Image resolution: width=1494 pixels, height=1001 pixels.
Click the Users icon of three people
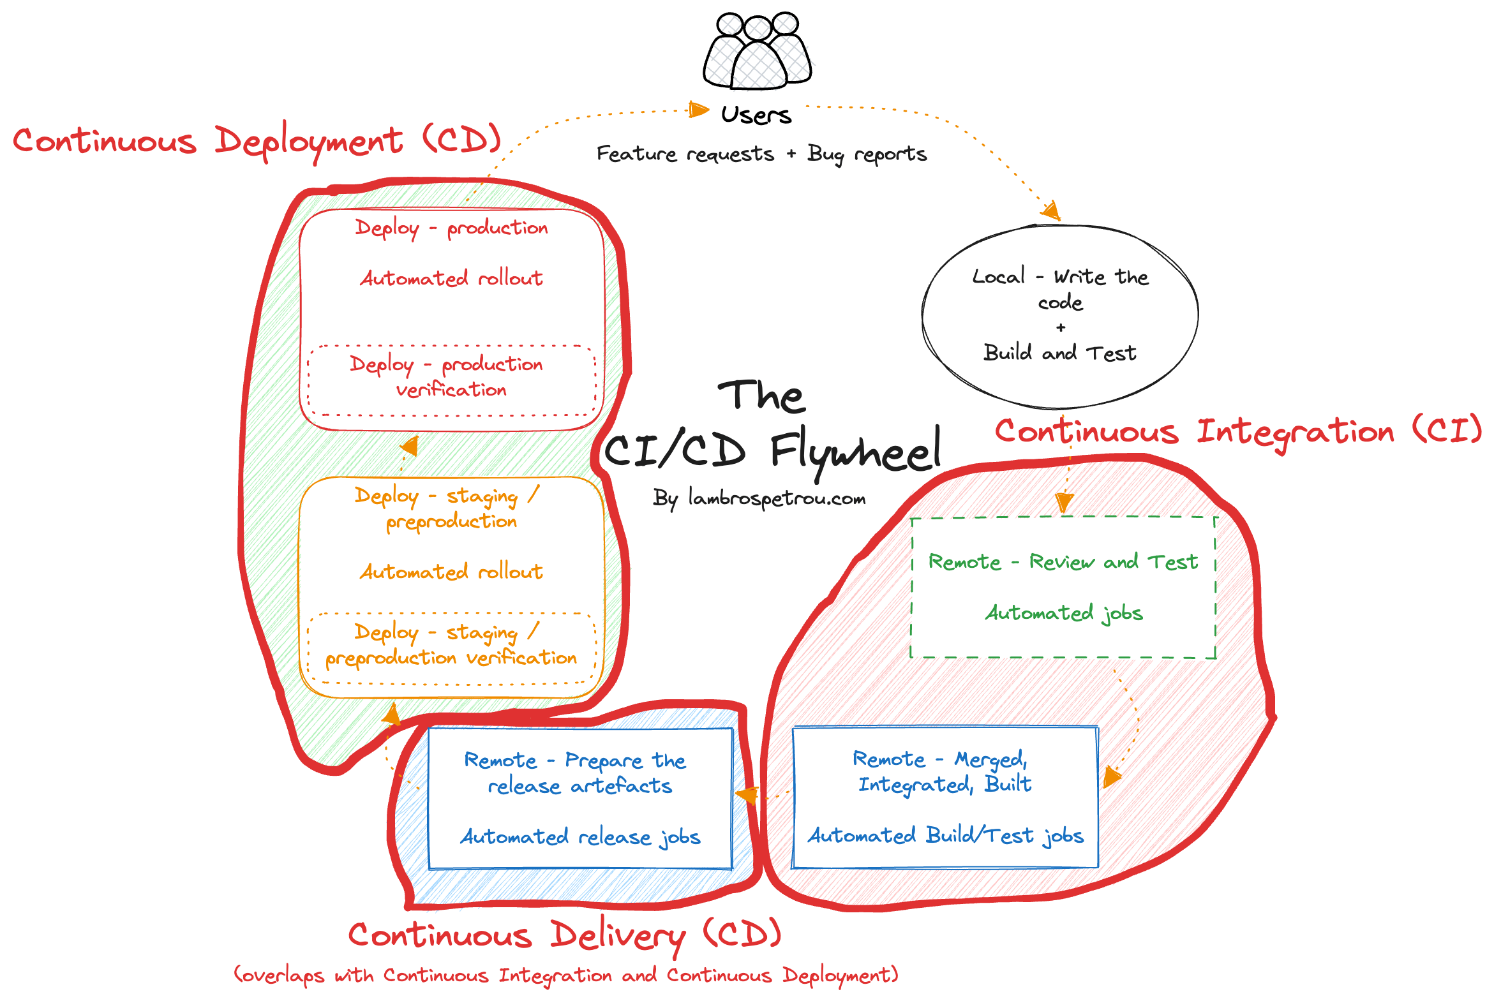[x=758, y=51]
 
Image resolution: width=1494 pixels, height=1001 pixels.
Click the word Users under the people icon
[x=757, y=115]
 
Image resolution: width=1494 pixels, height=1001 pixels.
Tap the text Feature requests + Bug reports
[x=762, y=154]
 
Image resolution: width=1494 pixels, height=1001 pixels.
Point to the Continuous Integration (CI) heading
[x=1238, y=432]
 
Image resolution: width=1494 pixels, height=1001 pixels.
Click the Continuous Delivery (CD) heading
[x=564, y=937]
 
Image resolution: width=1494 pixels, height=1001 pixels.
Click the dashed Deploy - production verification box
[x=451, y=381]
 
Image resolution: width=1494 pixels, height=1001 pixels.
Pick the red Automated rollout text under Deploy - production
[x=451, y=279]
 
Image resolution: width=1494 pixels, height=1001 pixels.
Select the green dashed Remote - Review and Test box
[x=1063, y=588]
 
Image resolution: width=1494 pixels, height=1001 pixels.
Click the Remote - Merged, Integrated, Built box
[x=945, y=798]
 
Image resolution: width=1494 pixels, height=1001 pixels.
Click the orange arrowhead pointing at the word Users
[x=699, y=110]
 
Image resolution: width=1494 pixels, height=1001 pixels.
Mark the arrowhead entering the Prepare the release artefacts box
[x=745, y=796]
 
